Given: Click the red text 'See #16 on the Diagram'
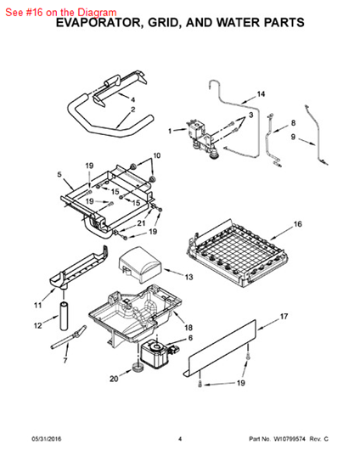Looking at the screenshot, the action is (x=61, y=12).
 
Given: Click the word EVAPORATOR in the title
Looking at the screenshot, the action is (x=98, y=23).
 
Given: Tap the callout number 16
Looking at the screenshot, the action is (x=297, y=224).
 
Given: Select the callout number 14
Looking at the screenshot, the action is (x=261, y=94).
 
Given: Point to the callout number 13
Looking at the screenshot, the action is (x=188, y=277).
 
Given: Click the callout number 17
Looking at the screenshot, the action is (x=284, y=317).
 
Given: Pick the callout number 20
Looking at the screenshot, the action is (x=114, y=379).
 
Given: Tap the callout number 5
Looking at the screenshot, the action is (x=59, y=174).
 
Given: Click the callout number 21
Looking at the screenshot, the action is (x=141, y=223).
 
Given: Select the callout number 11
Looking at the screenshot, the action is (x=38, y=305).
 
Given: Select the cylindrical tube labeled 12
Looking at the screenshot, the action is (x=64, y=317).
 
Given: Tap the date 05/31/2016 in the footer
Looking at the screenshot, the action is (x=47, y=439).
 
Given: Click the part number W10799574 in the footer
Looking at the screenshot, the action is (x=290, y=439).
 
